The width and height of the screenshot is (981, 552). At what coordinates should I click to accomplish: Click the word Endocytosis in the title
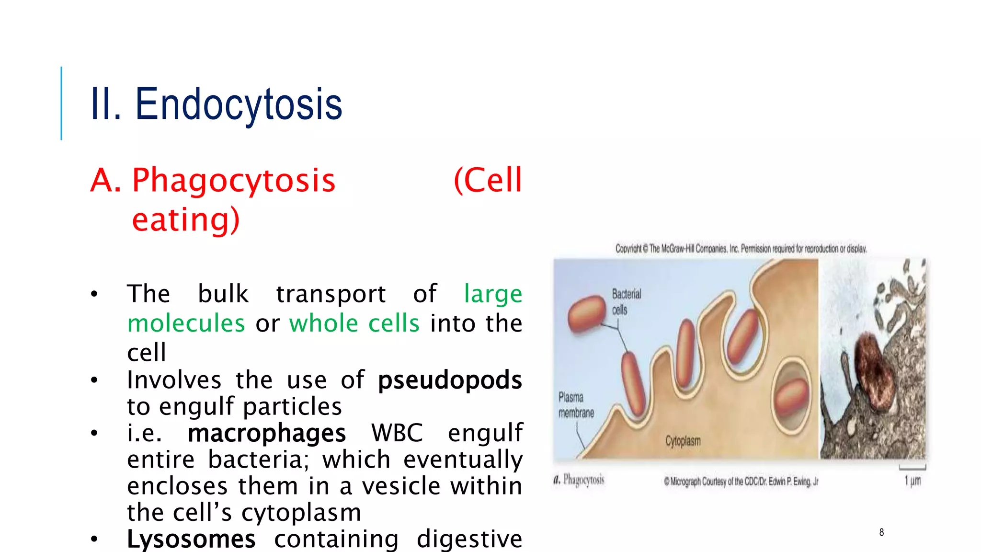coord(239,104)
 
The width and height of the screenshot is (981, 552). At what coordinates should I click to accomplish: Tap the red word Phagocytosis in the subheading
coord(234,181)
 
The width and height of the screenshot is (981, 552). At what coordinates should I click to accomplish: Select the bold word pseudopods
coord(450,380)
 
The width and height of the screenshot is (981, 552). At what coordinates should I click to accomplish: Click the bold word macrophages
coord(266,433)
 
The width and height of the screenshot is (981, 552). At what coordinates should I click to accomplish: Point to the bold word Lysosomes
coord(191,539)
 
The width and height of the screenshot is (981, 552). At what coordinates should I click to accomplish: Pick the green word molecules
coord(186,323)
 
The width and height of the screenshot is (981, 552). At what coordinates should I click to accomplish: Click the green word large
coord(493,294)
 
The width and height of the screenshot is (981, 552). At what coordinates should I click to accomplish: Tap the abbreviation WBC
coord(397,433)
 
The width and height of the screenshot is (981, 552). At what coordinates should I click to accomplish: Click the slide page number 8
coord(881,532)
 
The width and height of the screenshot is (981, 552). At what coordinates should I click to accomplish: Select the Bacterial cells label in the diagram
coord(626,301)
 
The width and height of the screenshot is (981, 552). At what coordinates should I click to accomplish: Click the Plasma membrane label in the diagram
coord(575,405)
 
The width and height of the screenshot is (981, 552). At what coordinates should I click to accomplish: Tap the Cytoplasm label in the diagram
coord(683,441)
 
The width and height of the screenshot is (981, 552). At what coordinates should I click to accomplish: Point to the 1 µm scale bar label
coord(913,480)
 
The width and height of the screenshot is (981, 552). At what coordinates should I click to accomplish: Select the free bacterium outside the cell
coord(587,314)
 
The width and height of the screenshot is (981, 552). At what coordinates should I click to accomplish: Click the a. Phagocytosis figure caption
coord(579,480)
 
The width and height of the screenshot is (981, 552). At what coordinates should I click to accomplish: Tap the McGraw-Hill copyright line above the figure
coord(741,249)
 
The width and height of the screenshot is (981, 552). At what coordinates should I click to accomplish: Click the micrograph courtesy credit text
coord(741,482)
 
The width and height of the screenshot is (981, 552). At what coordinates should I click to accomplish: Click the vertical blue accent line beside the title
coord(61,103)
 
